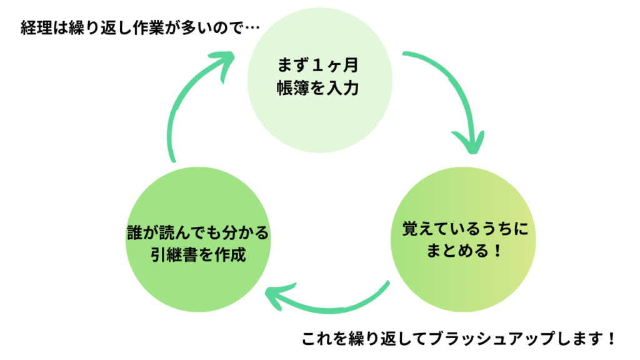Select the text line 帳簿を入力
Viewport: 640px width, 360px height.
click(319, 88)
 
